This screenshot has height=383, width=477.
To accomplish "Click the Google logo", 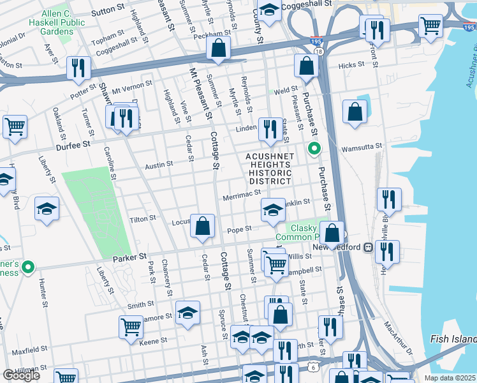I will click(x=21, y=375).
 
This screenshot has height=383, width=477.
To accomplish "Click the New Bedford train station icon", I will click(x=368, y=247).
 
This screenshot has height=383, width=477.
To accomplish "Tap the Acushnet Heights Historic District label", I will click(x=270, y=169).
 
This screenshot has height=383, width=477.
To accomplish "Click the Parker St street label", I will click(x=129, y=258).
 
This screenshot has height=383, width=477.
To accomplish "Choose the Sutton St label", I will click(x=106, y=10).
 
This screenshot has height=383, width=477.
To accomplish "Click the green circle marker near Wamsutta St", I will click(x=313, y=149).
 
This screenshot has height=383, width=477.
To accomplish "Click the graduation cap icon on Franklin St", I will click(x=272, y=209).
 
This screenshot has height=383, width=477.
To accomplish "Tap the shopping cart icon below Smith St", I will click(x=131, y=326).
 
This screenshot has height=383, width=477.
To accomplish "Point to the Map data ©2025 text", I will click(x=450, y=377).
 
